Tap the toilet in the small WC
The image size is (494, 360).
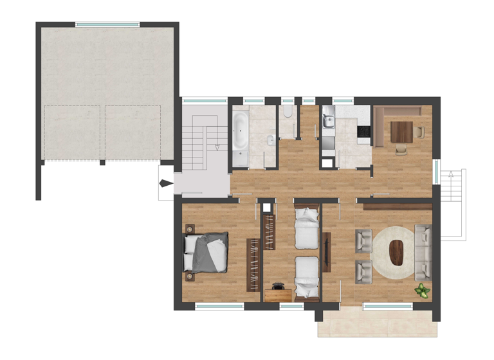(288, 113)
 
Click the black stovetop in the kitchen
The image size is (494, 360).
(364, 133)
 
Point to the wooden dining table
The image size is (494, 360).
(402, 132)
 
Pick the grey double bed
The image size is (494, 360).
(207, 252)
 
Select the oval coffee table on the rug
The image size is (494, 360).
(398, 251)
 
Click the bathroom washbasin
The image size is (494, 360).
(271, 140)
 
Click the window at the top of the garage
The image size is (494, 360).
(107, 24)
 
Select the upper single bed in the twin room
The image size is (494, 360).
(306, 227)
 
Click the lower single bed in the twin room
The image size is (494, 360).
(306, 276)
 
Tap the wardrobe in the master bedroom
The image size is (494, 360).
(253, 264)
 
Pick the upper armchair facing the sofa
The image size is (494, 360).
(363, 240)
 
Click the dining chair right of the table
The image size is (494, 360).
(420, 132)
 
